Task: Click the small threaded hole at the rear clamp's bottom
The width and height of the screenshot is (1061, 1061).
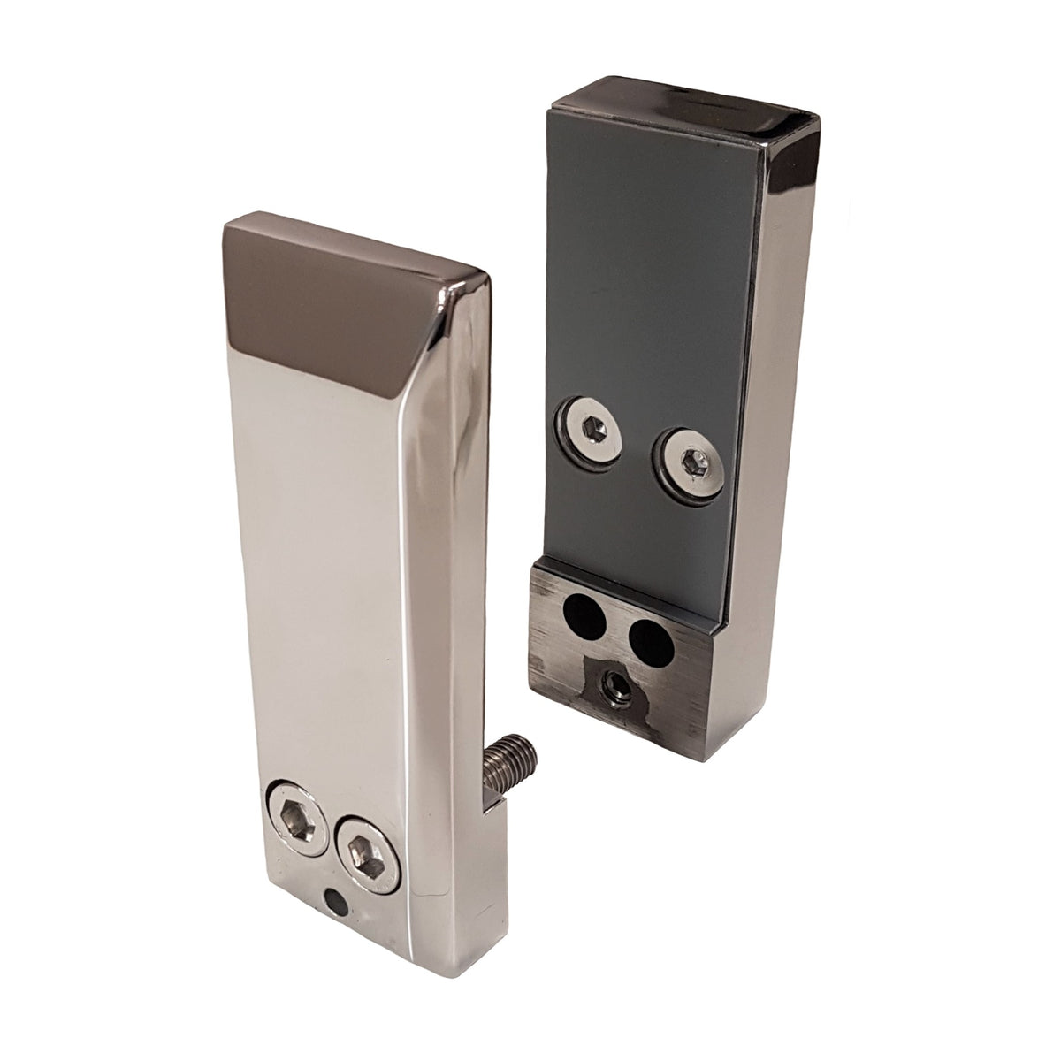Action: [614, 682]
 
